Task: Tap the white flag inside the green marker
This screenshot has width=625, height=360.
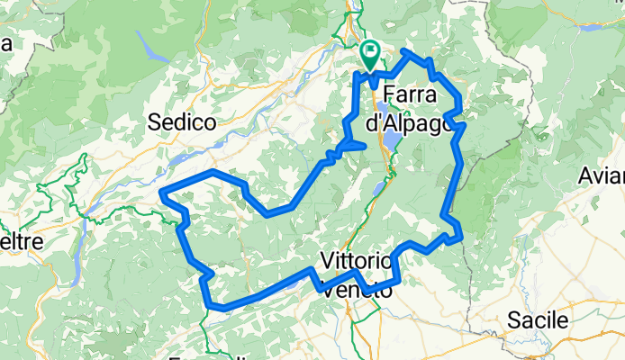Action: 369,52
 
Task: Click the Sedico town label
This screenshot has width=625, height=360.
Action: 181,121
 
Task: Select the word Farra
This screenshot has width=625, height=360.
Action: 411,94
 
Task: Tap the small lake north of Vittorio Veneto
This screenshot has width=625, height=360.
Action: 375,189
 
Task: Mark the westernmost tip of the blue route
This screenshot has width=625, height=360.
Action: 161,192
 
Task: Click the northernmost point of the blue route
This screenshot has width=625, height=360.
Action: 407,51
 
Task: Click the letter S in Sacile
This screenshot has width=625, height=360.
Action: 512,320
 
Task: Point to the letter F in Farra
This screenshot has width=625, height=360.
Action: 390,94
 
